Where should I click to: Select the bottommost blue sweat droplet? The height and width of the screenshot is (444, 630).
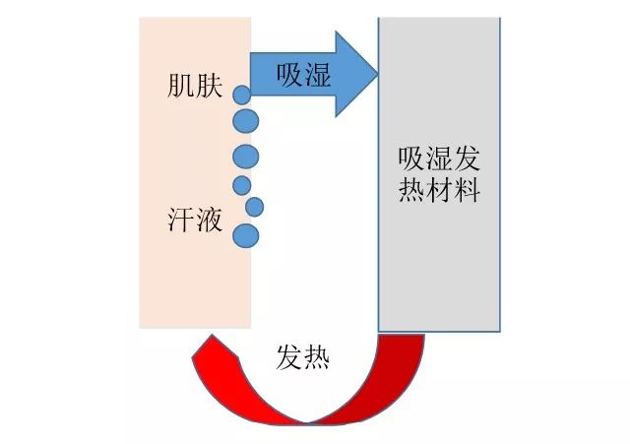pos(245,235)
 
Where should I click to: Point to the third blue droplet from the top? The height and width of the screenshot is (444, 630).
pos(245,156)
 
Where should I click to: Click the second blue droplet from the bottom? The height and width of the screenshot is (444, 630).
pos(254,207)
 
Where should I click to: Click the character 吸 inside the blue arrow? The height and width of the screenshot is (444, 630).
pos(289,74)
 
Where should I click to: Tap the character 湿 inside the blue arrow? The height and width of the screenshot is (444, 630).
pos(317,74)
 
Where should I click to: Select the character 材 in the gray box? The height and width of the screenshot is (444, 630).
pos(440,189)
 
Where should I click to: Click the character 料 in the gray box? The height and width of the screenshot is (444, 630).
pos(468,189)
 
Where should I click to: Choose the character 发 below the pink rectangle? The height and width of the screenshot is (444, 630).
pos(288,357)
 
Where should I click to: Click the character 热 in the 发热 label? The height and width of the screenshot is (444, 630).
pos(316,357)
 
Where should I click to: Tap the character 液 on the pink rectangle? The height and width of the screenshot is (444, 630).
pos(211,221)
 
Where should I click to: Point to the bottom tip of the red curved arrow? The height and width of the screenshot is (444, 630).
pos(308,423)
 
